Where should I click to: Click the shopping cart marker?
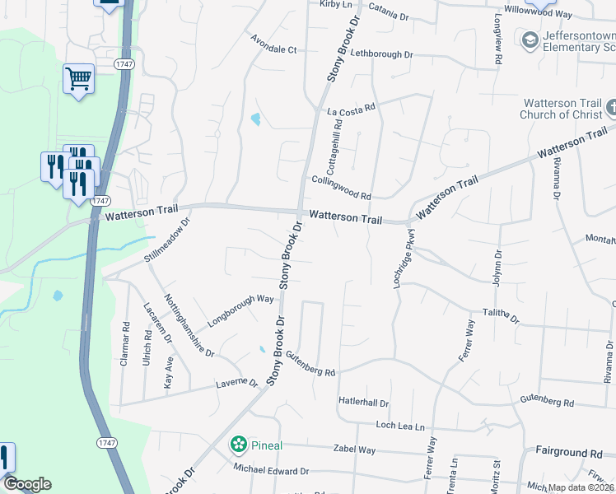pyautogui.click(x=78, y=79)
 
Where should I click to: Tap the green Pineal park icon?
pyautogui.click(x=238, y=445)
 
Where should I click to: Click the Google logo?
pyautogui.click(x=26, y=484)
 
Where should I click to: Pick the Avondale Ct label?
pyautogui.click(x=273, y=49)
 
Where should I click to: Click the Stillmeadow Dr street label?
pyautogui.click(x=168, y=239)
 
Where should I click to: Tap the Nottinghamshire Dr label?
pyautogui.click(x=189, y=325)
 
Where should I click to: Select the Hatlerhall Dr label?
pyautogui.click(x=363, y=402)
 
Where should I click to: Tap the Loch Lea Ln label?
pyautogui.click(x=399, y=426)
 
